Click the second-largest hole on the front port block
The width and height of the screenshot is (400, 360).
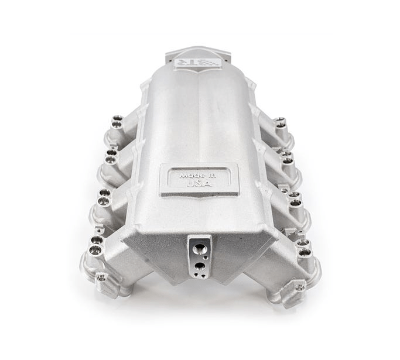pyautogui.click(x=201, y=265)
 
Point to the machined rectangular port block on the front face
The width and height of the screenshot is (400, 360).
pyautogui.click(x=198, y=255)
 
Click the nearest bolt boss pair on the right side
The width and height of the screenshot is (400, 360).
pyautogui.click(x=305, y=247)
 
